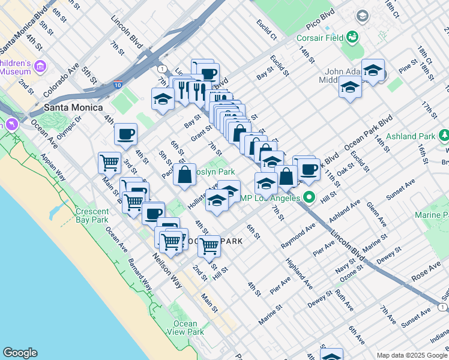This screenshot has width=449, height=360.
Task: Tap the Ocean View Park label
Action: tap(185, 328)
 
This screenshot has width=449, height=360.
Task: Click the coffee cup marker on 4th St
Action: tap(125, 134)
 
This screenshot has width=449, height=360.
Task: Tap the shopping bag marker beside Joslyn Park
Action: tap(185, 175)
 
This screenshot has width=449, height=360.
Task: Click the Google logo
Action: tap(20, 353)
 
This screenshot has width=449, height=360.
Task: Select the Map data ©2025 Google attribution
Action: tap(411, 355)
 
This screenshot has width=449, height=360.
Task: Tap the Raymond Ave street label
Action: tap(298, 236)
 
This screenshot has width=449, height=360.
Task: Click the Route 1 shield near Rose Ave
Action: tap(442, 307)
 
